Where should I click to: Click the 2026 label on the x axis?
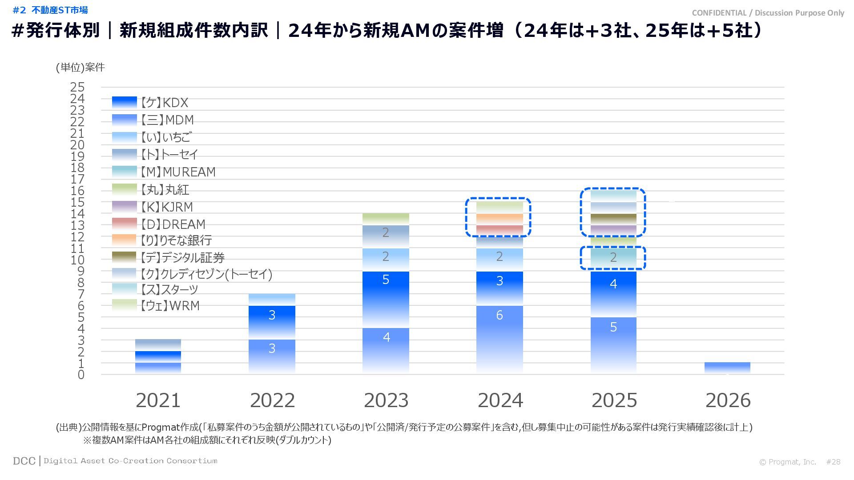(728, 400)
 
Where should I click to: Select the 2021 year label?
(158, 400)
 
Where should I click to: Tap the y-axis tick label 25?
(77, 87)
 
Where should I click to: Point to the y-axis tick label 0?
(81, 375)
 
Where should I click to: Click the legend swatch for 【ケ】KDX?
(124, 102)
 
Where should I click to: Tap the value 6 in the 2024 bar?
(500, 315)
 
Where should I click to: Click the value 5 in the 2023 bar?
(386, 280)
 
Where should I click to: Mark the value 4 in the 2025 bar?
(613, 284)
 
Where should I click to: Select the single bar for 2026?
(727, 368)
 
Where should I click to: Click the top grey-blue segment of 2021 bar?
(158, 345)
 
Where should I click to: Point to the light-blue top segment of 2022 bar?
(272, 300)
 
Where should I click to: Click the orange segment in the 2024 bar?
(500, 219)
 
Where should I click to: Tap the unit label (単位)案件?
(80, 67)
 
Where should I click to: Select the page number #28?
(833, 462)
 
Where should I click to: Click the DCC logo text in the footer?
(24, 461)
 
